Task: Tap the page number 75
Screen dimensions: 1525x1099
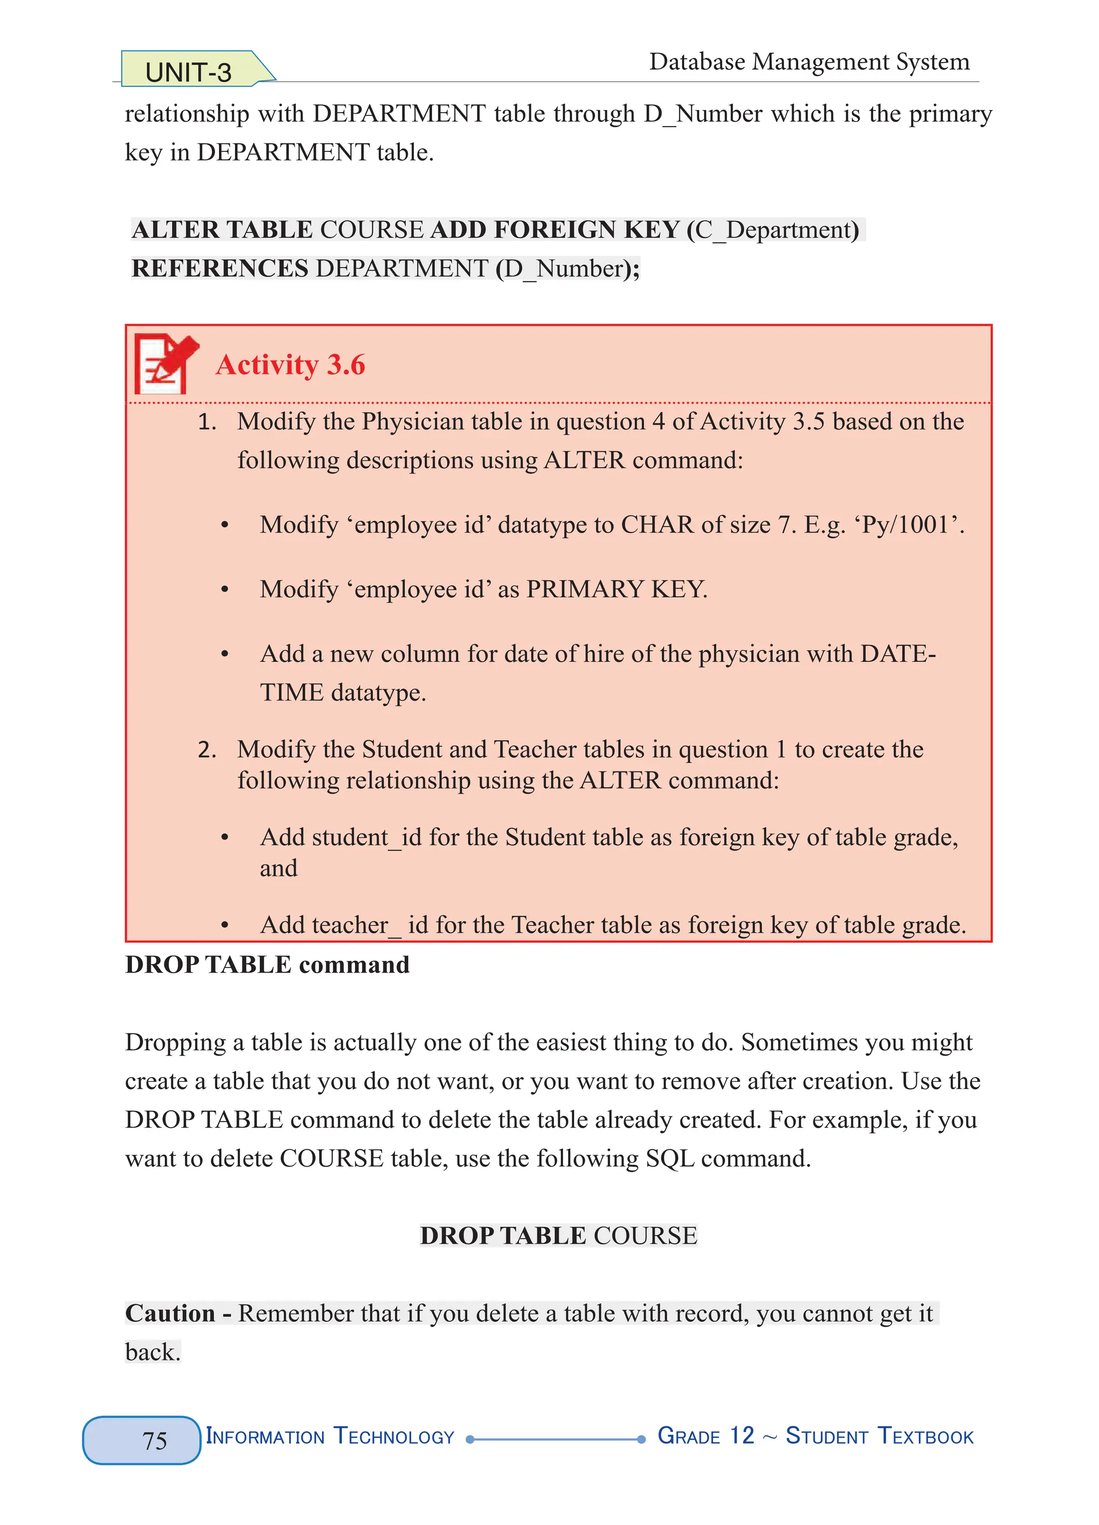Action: [155, 1440]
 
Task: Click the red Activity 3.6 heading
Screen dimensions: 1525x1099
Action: [290, 365]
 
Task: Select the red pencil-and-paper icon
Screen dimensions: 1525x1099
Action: [165, 364]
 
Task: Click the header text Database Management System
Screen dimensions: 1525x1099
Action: [809, 62]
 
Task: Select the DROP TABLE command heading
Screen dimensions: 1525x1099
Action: [267, 965]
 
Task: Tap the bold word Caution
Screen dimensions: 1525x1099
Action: [170, 1313]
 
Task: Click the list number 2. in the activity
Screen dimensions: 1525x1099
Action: [207, 750]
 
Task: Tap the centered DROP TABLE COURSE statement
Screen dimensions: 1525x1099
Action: [558, 1236]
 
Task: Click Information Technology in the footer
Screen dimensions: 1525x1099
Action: [329, 1437]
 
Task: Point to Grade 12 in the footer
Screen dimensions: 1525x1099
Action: [705, 1436]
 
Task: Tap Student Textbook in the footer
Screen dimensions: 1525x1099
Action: [879, 1437]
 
